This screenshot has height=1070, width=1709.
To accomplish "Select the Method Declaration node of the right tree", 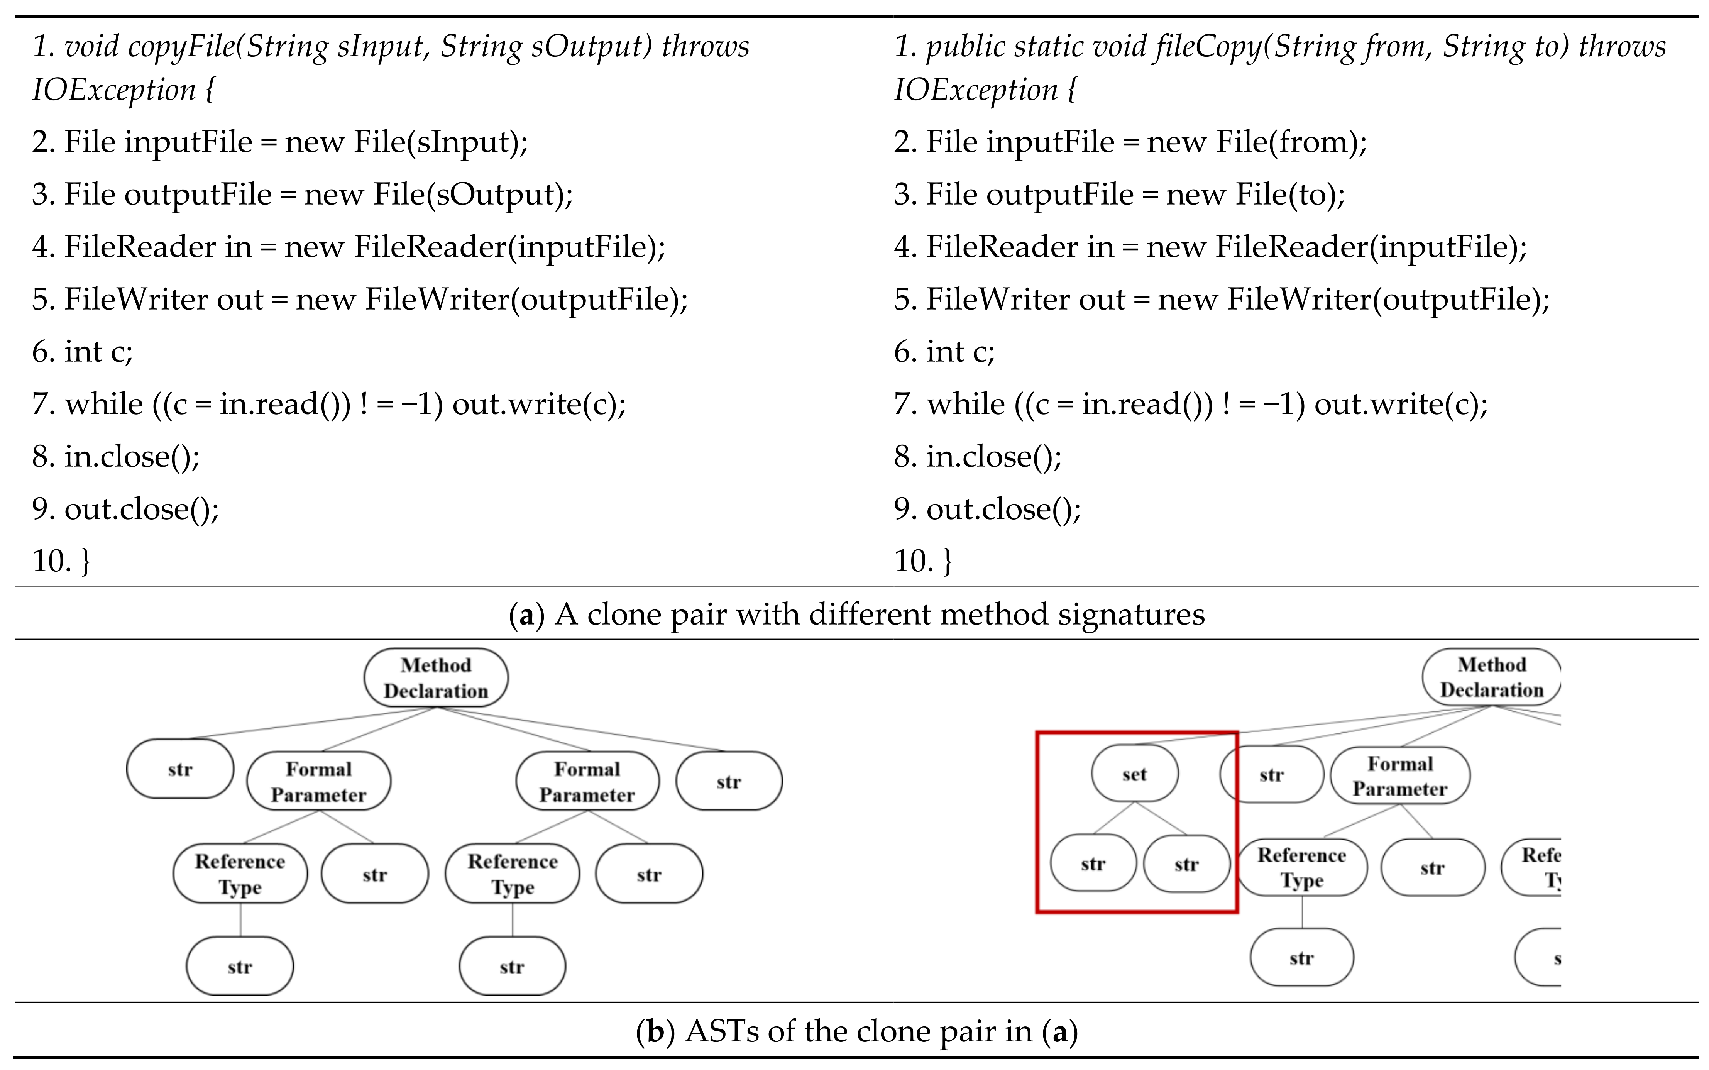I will (1491, 677).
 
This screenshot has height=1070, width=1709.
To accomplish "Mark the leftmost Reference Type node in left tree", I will (240, 874).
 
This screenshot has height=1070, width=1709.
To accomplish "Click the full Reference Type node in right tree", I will (1301, 868).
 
